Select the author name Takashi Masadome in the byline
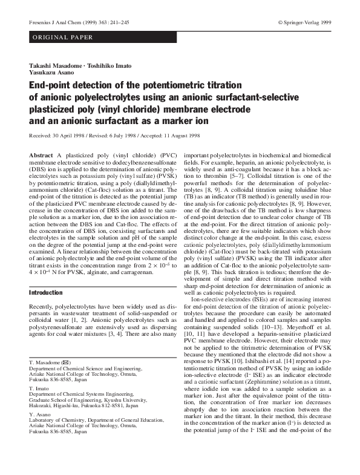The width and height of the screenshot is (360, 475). pos(54,64)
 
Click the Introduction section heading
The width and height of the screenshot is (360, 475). pos(46,292)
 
